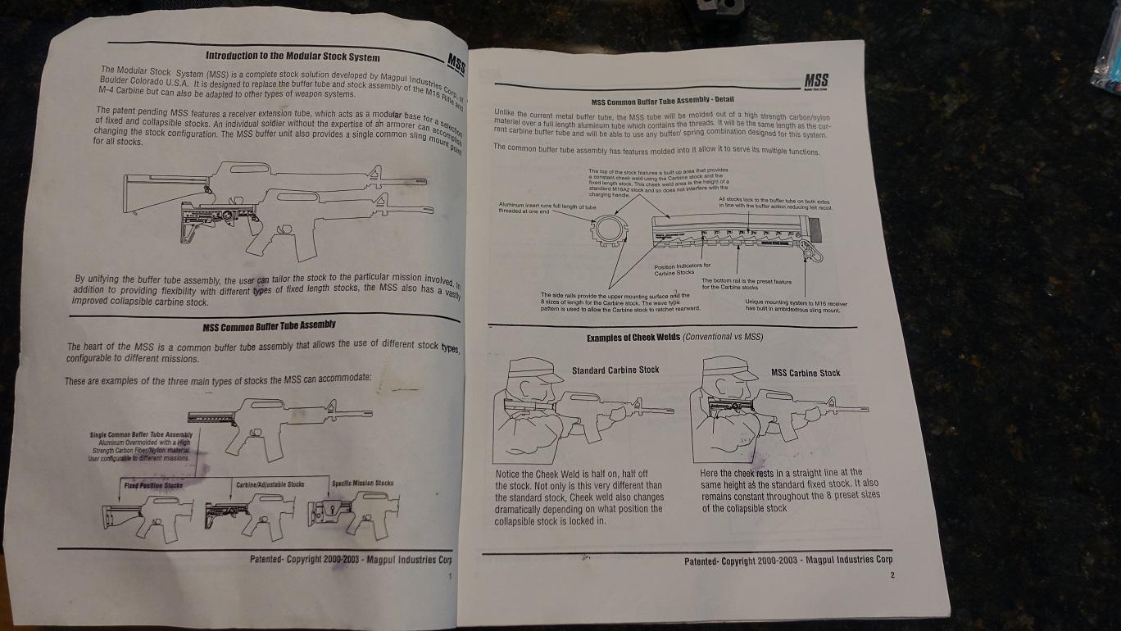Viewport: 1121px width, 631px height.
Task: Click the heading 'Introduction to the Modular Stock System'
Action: tap(292, 57)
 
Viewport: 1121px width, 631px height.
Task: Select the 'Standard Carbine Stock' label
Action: tap(615, 370)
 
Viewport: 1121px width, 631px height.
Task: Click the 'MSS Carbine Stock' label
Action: tap(806, 373)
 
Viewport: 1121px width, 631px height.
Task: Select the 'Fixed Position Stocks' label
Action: tap(152, 486)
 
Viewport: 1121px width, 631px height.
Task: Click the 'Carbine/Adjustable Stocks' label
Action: tap(270, 485)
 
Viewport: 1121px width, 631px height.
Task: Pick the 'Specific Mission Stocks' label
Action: tap(362, 483)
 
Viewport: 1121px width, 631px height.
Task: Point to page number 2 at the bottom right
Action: tap(892, 575)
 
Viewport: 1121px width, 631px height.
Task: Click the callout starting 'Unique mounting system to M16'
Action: tap(796, 306)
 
